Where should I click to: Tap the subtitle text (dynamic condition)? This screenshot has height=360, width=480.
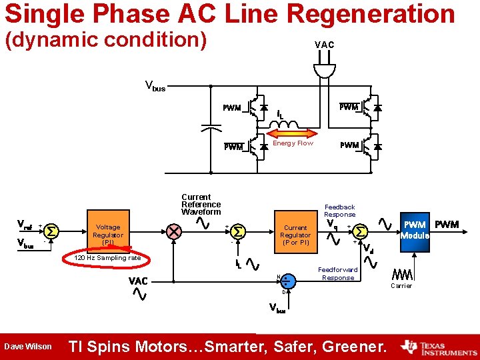(x=106, y=39)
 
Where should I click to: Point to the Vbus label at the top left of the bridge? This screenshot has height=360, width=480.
(x=155, y=86)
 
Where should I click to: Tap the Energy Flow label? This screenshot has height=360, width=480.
(x=293, y=143)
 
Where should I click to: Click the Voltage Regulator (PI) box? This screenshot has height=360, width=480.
(x=108, y=235)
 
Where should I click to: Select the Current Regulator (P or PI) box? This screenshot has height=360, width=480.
(x=295, y=235)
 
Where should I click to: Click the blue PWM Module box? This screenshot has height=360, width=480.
(x=415, y=230)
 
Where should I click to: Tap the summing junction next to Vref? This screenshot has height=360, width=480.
(x=52, y=231)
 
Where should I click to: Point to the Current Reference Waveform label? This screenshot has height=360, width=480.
(x=201, y=205)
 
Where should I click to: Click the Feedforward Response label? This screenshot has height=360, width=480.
(x=337, y=274)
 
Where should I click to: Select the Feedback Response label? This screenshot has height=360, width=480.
(x=339, y=211)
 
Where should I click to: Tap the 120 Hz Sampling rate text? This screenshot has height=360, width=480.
(x=107, y=258)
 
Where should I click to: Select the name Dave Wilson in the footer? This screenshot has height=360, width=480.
(x=27, y=347)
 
